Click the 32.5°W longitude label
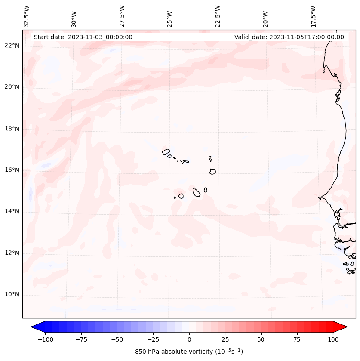click(x=27, y=16)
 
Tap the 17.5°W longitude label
click(x=313, y=16)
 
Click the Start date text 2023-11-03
click(x=83, y=37)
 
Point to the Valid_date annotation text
click(x=289, y=37)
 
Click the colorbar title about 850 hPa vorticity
click(x=189, y=352)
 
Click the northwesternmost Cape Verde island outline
click(x=166, y=151)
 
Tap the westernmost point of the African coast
click(x=319, y=198)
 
